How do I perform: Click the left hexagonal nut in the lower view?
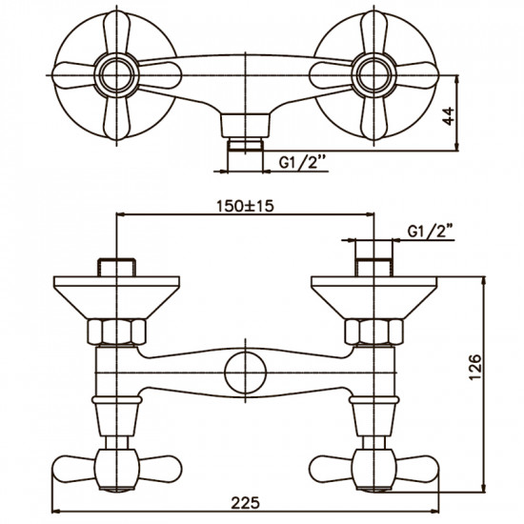click(x=116, y=333)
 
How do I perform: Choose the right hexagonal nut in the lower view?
click(x=373, y=333)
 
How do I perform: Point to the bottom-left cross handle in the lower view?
click(x=116, y=467)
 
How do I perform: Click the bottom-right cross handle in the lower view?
click(x=373, y=467)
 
